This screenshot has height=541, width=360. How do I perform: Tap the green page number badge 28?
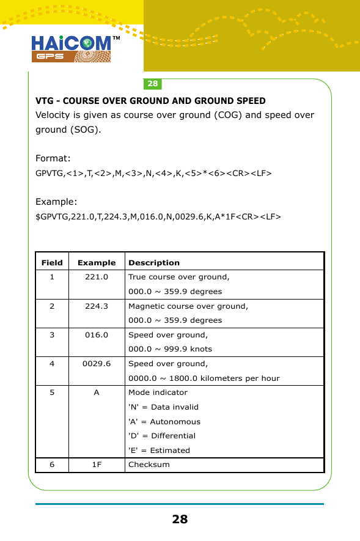pyautogui.click(x=152, y=84)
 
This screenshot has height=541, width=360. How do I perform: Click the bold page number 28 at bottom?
pyautogui.click(x=180, y=520)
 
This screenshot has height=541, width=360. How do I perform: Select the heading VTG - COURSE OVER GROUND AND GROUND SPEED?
pyautogui.click(x=150, y=101)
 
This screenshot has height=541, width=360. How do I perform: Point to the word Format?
pyautogui.click(x=53, y=158)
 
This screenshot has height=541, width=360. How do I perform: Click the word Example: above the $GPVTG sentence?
pyautogui.click(x=56, y=202)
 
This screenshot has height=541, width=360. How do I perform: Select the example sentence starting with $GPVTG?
pyautogui.click(x=158, y=216)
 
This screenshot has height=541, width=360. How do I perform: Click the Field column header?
pyautogui.click(x=52, y=262)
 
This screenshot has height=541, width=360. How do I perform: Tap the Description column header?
pyautogui.click(x=154, y=262)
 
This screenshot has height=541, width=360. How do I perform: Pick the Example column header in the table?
pyautogui.click(x=97, y=262)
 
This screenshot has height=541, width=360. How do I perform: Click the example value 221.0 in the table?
pyautogui.click(x=97, y=277)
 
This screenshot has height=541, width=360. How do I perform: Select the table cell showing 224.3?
pyautogui.click(x=97, y=306)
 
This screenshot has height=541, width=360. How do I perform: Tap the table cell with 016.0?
pyautogui.click(x=97, y=334)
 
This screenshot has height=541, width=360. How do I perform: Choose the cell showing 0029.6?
pyautogui.click(x=97, y=363)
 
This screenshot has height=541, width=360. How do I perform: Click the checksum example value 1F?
pyautogui.click(x=97, y=465)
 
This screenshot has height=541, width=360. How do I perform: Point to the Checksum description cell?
pyautogui.click(x=149, y=465)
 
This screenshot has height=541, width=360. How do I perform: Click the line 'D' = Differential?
pyautogui.click(x=162, y=436)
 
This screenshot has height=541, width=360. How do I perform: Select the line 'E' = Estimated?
pyautogui.click(x=159, y=451)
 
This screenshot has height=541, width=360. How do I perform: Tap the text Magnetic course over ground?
pyautogui.click(x=188, y=306)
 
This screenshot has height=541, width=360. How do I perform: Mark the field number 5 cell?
pyautogui.click(x=52, y=392)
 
